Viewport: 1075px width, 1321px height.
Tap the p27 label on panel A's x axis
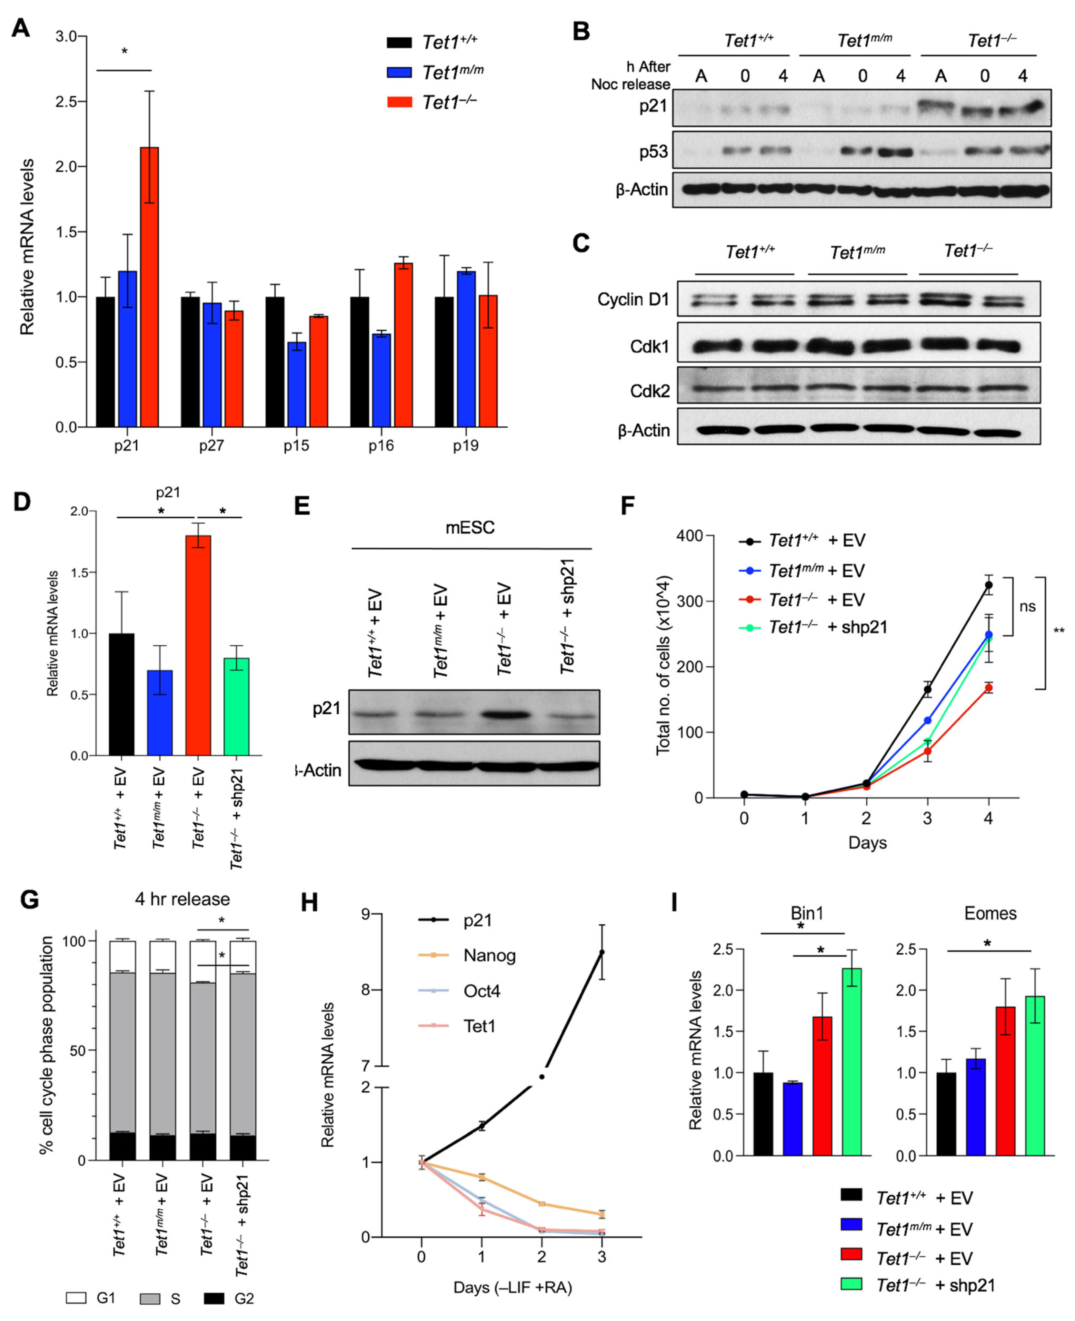(x=211, y=446)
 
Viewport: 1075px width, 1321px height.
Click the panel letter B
(x=581, y=31)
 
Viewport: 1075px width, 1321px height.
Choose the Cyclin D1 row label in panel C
(x=633, y=300)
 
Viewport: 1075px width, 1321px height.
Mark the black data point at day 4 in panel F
(x=988, y=585)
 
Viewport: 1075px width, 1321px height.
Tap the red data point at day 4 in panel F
(x=988, y=687)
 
